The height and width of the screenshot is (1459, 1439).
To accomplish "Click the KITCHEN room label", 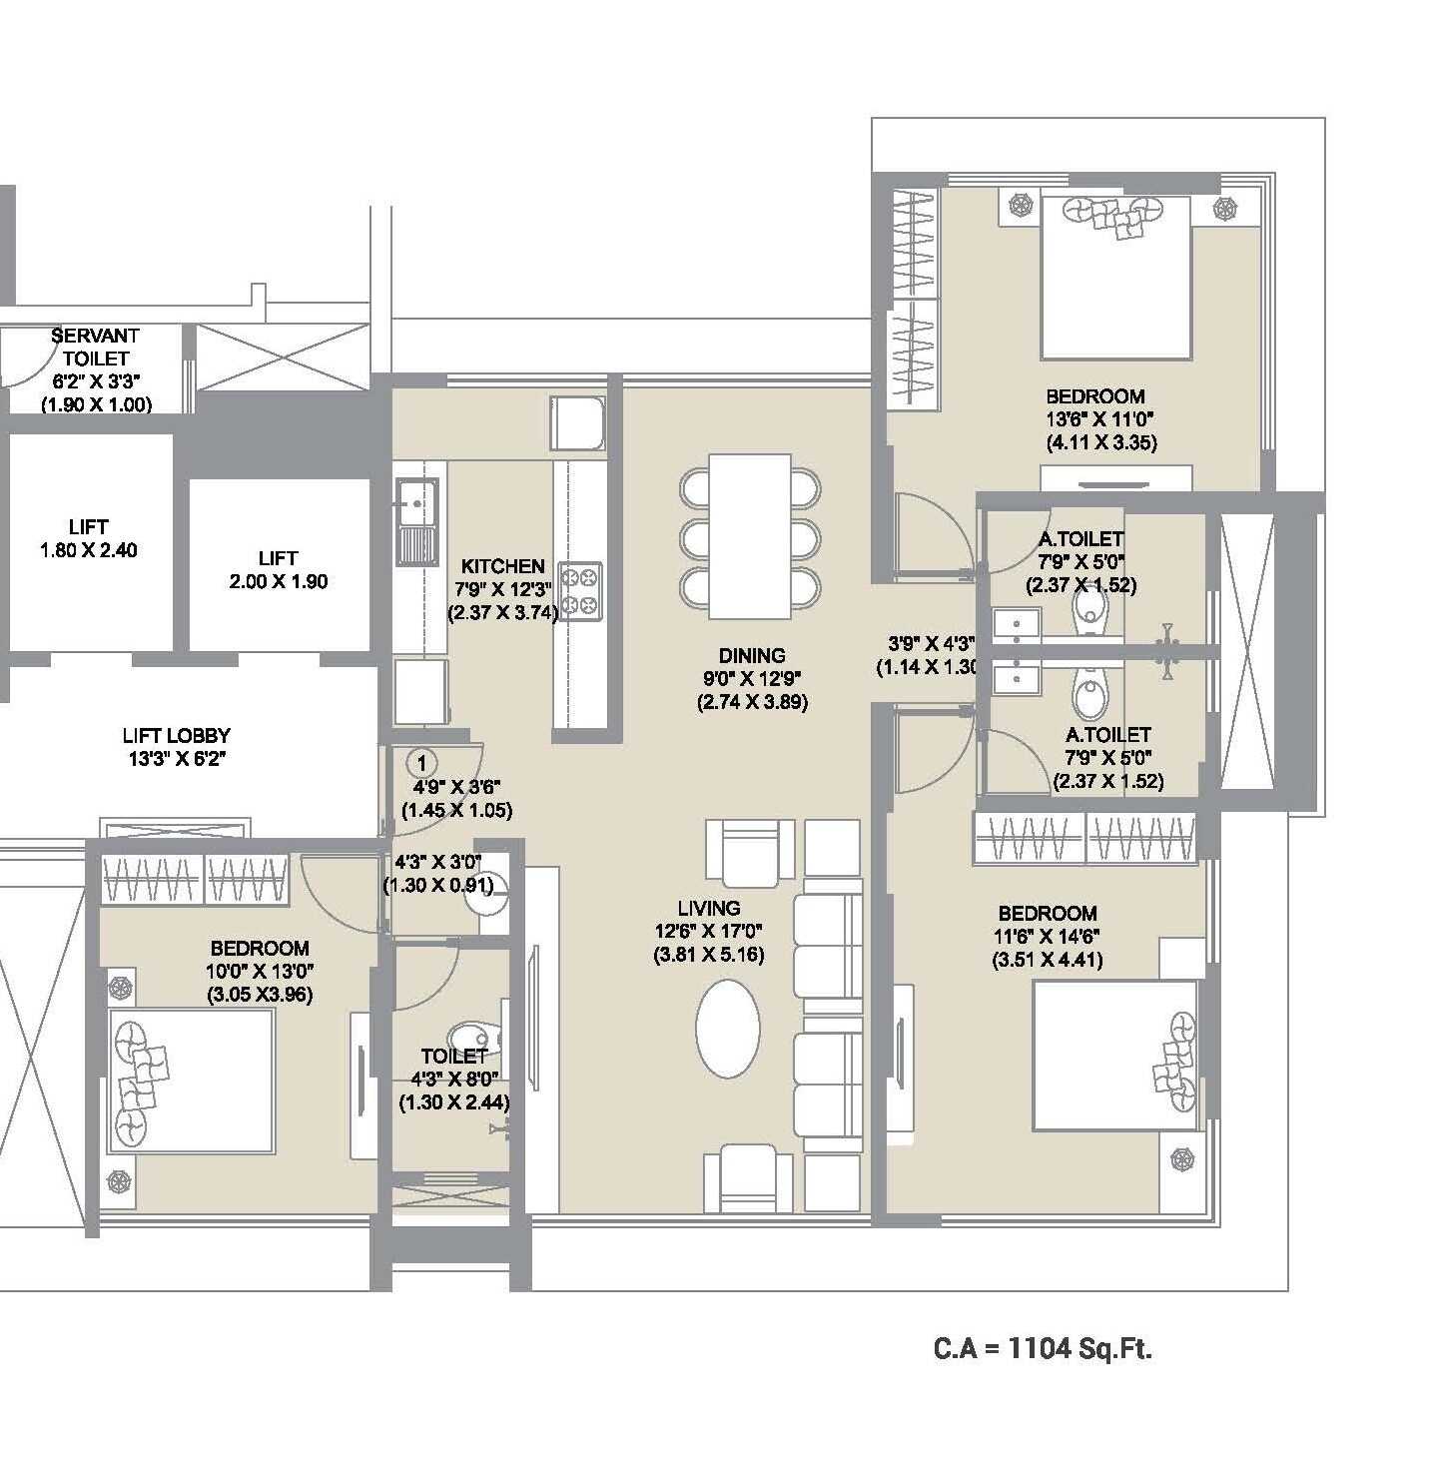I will [x=502, y=566].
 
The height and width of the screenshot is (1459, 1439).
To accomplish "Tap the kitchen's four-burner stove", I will [x=580, y=591].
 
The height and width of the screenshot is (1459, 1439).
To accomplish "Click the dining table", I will [x=749, y=536].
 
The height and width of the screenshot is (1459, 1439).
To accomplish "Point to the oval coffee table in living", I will [x=727, y=1029].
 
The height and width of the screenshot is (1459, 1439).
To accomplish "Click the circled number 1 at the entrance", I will [x=421, y=764].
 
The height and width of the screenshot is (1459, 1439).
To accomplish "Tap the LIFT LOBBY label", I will [x=177, y=736].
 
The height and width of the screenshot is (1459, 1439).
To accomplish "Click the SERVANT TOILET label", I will [x=96, y=347].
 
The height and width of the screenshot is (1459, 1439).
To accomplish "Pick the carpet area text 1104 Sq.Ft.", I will [x=1043, y=1348].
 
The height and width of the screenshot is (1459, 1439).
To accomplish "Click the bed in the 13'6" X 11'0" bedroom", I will [x=1115, y=278].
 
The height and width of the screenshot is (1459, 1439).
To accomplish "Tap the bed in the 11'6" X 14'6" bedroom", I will [x=1114, y=1056].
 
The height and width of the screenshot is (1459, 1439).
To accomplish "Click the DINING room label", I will [x=752, y=656].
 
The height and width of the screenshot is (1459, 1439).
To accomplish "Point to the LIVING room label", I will [x=709, y=908].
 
